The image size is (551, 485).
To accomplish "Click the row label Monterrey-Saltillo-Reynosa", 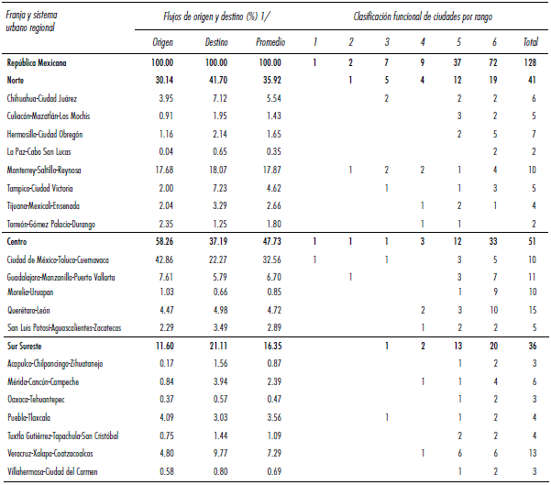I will click(57, 170).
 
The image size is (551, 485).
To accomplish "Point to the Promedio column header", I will click(270, 42).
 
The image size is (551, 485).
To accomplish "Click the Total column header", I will click(530, 42).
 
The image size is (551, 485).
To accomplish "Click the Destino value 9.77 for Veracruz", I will click(217, 453).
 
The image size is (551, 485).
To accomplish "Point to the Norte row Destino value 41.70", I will click(215, 80).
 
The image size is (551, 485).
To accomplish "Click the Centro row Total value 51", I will click(531, 242).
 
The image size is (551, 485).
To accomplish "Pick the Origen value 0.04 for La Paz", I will click(162, 150).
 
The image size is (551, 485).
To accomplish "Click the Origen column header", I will click(161, 42).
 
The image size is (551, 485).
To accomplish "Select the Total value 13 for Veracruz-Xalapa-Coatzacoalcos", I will click(531, 453).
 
